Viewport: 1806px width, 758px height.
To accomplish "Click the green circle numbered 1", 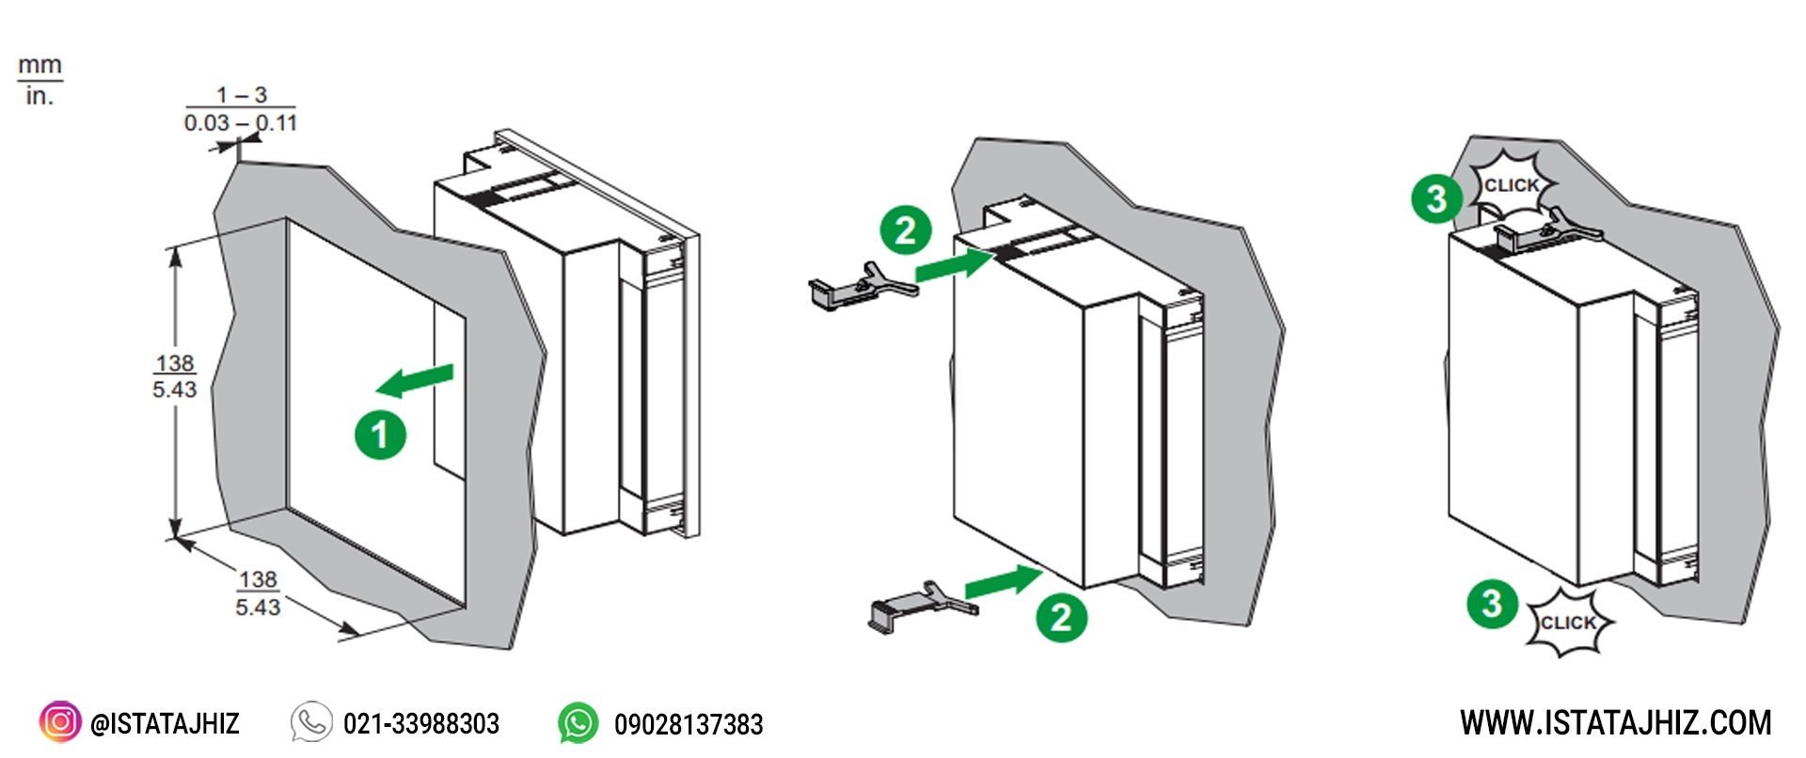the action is [x=380, y=434].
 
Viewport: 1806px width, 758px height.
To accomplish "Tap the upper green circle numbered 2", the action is [x=905, y=230].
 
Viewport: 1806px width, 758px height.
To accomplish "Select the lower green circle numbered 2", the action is [x=1061, y=617].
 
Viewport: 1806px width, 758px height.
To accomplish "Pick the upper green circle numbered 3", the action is [x=1436, y=198].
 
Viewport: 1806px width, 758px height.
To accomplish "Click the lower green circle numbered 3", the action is [x=1492, y=603].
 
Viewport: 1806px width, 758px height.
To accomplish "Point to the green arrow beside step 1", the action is [x=414, y=380].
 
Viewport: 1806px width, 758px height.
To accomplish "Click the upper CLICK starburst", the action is [x=1511, y=185].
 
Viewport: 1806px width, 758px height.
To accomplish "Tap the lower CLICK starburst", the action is [x=1568, y=623].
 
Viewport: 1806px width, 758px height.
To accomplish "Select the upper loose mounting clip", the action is [x=862, y=285].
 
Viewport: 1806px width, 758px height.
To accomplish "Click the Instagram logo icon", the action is [x=60, y=722].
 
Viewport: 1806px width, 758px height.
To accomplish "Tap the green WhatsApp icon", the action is [x=578, y=723].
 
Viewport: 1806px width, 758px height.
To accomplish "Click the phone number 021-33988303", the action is [x=420, y=723].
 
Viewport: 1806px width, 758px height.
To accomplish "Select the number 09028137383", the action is [x=689, y=724].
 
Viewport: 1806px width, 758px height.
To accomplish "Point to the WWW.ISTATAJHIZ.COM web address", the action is [x=1615, y=722].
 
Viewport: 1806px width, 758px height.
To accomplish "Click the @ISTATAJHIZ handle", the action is [x=165, y=723].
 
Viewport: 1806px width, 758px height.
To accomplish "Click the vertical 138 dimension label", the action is [x=175, y=376].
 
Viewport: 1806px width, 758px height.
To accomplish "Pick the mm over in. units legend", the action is [x=40, y=81].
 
